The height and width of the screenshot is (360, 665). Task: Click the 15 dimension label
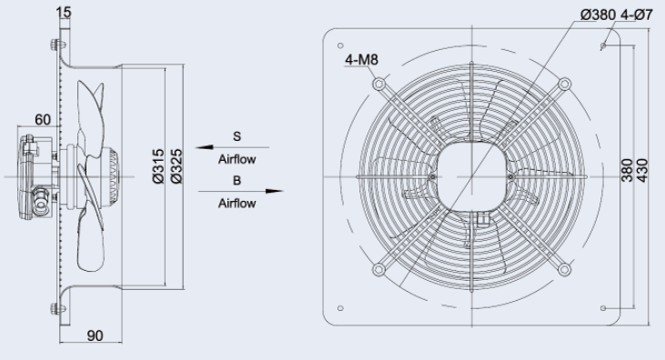(x=64, y=13)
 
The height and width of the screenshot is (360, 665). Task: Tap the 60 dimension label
(x=43, y=120)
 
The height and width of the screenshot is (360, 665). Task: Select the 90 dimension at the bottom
(x=95, y=335)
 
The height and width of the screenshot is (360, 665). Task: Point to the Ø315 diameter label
(x=158, y=165)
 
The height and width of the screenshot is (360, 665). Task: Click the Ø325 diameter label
(x=176, y=165)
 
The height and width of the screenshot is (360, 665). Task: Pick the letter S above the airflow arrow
(x=237, y=136)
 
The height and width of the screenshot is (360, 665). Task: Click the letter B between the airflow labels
(x=237, y=181)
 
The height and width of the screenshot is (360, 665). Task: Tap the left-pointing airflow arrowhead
(x=205, y=147)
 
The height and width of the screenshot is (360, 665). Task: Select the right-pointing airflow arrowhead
(x=275, y=191)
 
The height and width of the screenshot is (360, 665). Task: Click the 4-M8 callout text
(x=361, y=60)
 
